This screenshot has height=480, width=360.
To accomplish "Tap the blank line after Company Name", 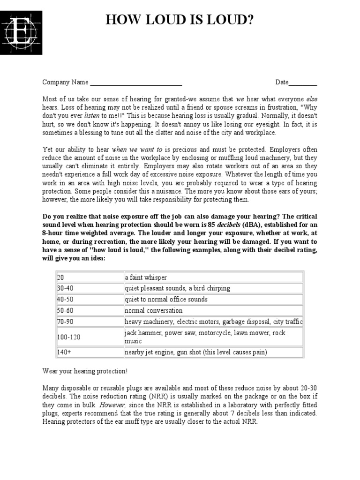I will [136, 83].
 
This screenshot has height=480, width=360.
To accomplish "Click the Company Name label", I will [65, 82].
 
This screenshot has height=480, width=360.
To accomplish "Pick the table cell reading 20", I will [89, 277].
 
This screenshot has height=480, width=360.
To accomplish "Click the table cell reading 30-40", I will [89, 288].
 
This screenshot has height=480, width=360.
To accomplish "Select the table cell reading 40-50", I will [89, 300].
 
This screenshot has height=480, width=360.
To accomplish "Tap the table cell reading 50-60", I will [89, 310].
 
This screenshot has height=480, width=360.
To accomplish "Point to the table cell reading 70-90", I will [89, 322].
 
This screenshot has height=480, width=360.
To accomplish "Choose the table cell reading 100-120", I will [89, 337].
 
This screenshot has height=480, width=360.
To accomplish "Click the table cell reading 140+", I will [89, 352].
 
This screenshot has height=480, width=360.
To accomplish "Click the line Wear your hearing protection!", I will [85, 371].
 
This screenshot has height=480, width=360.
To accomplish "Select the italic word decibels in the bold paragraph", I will [228, 225].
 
